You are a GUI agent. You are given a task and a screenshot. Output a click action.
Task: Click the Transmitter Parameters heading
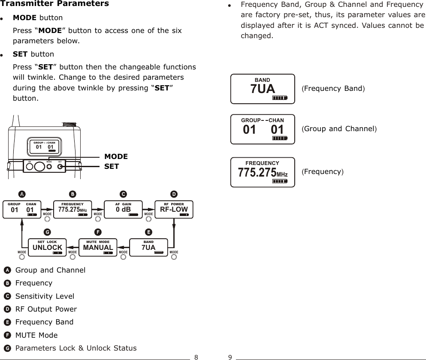[x=54, y=4]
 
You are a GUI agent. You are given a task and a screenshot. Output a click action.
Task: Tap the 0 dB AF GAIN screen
[x=123, y=208]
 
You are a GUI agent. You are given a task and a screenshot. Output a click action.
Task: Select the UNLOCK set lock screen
[x=47, y=246]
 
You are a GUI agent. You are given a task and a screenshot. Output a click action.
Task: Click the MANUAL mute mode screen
[x=98, y=246]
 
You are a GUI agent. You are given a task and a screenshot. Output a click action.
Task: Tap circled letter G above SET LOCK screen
[x=47, y=232]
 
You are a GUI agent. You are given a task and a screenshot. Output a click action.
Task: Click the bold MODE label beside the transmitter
[x=116, y=157]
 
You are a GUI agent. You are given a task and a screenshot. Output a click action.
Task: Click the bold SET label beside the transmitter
[x=112, y=166]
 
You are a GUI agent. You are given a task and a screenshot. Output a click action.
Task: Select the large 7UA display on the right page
[x=263, y=89]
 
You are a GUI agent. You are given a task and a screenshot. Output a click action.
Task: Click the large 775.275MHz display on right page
[x=263, y=172]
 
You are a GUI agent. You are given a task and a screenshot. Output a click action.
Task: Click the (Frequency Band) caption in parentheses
[x=333, y=89]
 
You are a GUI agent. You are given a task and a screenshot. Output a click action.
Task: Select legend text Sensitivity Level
[x=45, y=296]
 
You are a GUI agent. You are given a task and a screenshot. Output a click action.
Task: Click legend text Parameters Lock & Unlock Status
[x=76, y=348]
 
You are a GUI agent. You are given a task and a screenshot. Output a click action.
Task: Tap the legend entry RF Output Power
[x=46, y=309]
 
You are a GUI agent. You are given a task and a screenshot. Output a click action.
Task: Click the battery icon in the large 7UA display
[x=279, y=98]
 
